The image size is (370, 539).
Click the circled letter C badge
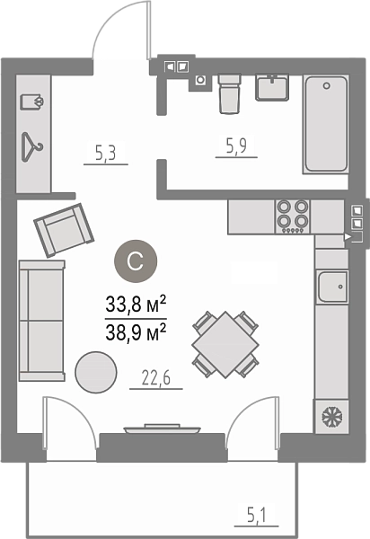pos(136,261)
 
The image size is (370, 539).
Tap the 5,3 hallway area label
pos(106,153)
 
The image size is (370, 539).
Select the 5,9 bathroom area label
pos(236,146)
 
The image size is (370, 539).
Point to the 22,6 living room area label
pos(155,378)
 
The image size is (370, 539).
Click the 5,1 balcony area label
pos(256,516)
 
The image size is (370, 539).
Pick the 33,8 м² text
pos(136,305)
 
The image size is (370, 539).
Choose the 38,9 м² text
pos(136,332)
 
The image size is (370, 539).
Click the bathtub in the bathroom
pos(326,124)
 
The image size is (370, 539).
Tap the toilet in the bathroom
pos(229,93)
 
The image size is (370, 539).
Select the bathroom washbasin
pos(272,88)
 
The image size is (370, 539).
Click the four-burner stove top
pos(293,216)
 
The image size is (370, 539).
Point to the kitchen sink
pos(332,287)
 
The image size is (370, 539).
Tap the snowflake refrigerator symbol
pos(331,415)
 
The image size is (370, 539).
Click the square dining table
pos(225,344)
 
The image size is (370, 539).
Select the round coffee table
pos(96,372)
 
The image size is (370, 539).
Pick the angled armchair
pos(64,230)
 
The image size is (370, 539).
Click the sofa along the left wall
pos(41,321)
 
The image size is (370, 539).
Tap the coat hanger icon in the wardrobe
pos(32,147)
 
